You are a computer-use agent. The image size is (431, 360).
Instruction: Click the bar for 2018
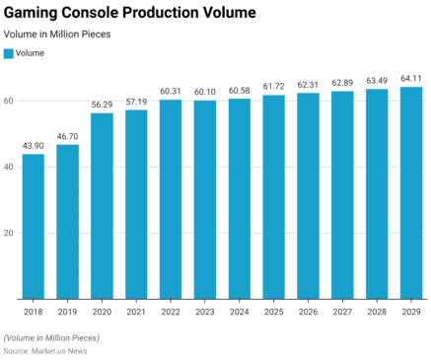34,226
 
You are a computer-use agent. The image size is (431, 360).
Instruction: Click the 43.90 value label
34,146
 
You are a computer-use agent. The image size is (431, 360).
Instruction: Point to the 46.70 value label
68,137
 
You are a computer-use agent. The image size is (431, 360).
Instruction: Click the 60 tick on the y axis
9,101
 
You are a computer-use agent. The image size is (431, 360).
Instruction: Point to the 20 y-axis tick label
9,233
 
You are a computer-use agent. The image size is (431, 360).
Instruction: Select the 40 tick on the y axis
9,167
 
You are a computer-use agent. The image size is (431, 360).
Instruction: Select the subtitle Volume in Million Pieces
56,34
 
